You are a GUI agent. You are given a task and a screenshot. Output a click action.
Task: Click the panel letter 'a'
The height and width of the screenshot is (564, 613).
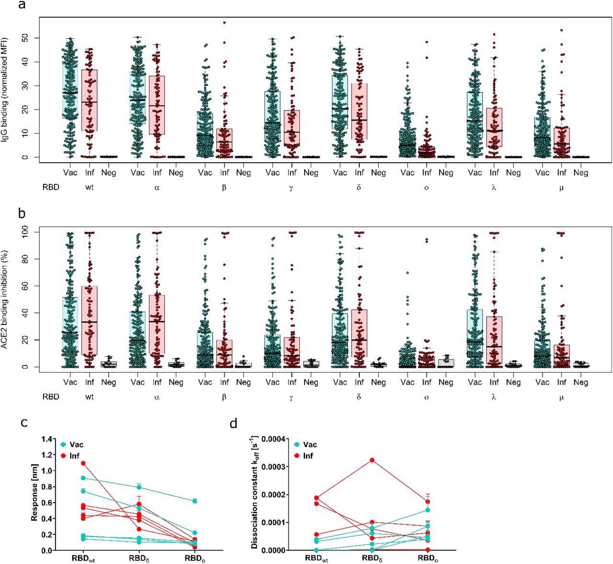click(x=22, y=6)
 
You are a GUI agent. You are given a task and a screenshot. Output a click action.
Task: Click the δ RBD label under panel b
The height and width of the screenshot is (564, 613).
click(x=359, y=397)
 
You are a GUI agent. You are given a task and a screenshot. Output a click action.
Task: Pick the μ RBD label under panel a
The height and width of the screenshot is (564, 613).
click(x=561, y=188)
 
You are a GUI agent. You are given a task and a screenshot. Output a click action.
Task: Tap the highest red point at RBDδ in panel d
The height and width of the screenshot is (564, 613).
click(x=372, y=460)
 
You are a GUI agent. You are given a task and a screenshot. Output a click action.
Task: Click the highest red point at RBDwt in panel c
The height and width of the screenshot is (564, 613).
click(x=83, y=463)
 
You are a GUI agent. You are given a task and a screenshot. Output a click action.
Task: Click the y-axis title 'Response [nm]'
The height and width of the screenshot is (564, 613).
click(x=34, y=495)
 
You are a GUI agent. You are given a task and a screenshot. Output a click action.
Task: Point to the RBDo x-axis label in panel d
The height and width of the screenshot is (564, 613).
click(x=428, y=558)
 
